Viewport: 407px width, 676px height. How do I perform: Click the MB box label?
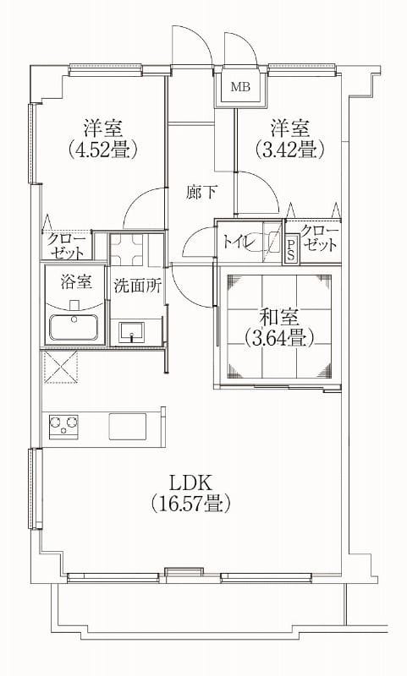pos(240,86)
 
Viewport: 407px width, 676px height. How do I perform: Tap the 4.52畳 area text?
pos(103,150)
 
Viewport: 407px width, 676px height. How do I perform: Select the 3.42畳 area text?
pos(289,150)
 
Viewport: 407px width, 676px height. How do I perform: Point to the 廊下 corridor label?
pos(201,192)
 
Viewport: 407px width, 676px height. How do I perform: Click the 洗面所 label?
pos(137,286)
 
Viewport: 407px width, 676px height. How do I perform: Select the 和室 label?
pos(278,318)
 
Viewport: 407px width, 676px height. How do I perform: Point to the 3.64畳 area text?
pos(278,338)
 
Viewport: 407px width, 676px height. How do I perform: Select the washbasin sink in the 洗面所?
pos(133,331)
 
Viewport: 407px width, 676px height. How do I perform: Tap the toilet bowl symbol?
pos(273,242)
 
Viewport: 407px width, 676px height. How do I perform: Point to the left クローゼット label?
pos(65,246)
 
